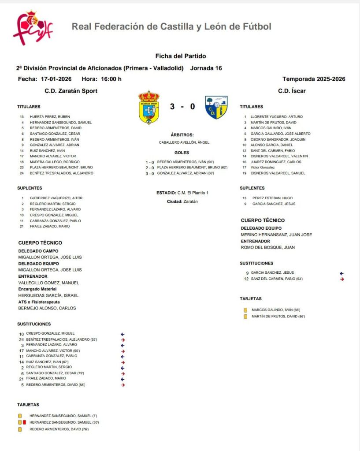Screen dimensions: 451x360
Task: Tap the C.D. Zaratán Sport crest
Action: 149,107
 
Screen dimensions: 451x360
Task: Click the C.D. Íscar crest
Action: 216,107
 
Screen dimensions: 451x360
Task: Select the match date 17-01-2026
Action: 56,79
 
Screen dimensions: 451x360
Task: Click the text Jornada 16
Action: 206,68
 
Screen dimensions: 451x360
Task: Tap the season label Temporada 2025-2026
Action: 314,79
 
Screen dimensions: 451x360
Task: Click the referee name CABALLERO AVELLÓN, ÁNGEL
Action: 184,142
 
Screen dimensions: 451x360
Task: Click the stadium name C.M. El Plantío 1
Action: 193,193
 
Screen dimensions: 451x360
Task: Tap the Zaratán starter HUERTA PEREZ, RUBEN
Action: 50,117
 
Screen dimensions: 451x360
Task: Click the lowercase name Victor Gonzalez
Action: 263,168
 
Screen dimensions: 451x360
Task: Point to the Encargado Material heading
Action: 37,289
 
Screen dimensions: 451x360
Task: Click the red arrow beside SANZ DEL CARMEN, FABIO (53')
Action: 342,279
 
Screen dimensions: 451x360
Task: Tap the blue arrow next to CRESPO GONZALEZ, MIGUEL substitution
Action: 123,334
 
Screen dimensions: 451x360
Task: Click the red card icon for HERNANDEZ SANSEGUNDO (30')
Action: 25,422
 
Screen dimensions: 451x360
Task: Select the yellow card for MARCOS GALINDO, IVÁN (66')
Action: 245,310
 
